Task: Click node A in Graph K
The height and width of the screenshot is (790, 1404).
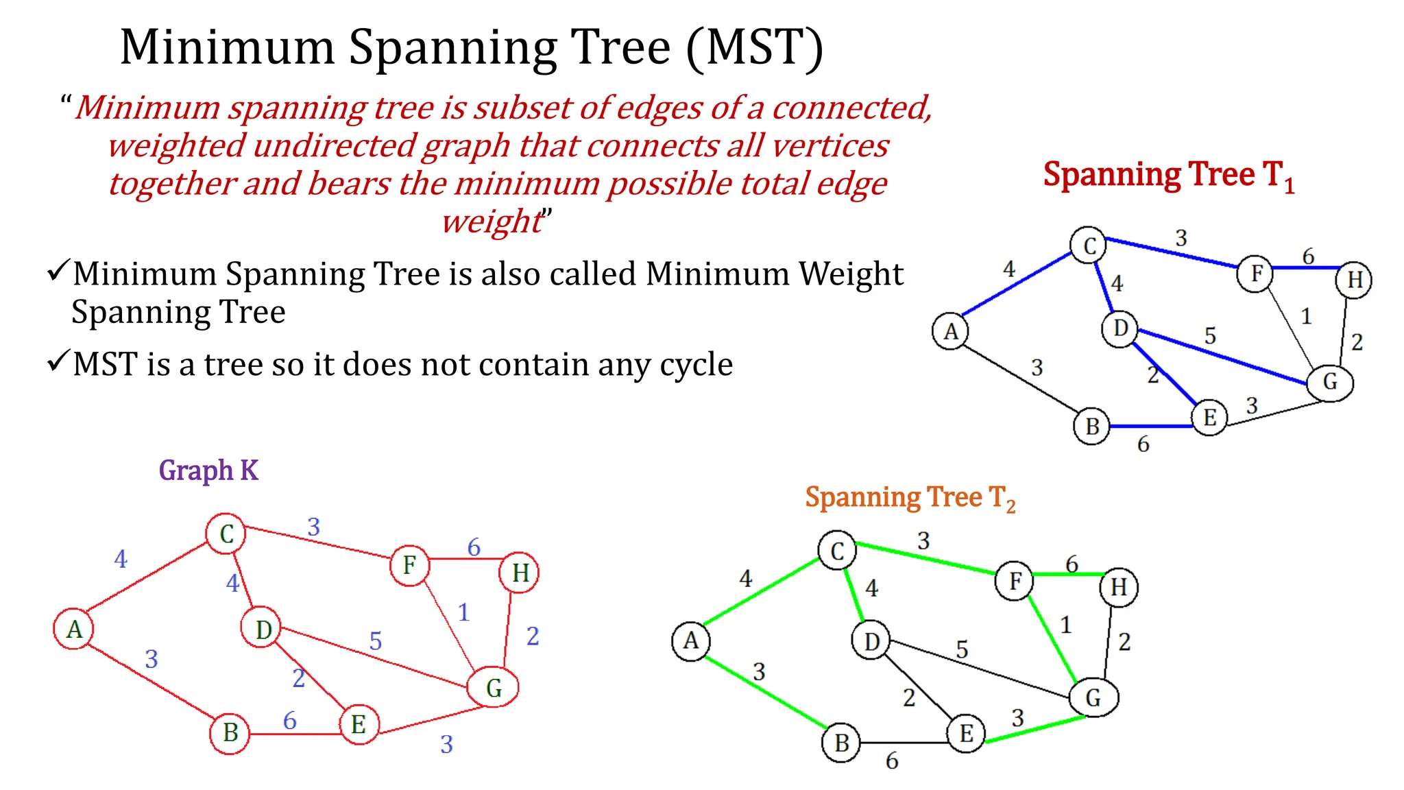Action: pyautogui.click(x=73, y=628)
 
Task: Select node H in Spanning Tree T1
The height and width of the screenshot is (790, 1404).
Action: pyautogui.click(x=1354, y=280)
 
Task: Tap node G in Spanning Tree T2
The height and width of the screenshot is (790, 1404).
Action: pyautogui.click(x=1093, y=697)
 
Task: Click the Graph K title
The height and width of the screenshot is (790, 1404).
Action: pyautogui.click(x=208, y=470)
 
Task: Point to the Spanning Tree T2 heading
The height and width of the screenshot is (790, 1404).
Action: pyautogui.click(x=910, y=498)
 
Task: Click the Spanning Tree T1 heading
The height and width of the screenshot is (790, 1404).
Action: pyautogui.click(x=1168, y=176)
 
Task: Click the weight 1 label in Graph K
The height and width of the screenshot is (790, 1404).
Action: pyautogui.click(x=463, y=612)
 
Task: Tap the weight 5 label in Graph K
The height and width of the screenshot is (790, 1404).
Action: pyautogui.click(x=375, y=641)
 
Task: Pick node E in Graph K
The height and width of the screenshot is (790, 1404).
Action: pyautogui.click(x=359, y=724)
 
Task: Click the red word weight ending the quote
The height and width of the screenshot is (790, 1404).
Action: pyautogui.click(x=491, y=222)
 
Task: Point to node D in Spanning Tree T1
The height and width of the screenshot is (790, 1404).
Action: pyautogui.click(x=1120, y=328)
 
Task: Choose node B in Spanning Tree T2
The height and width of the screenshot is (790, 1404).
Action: pyautogui.click(x=841, y=743)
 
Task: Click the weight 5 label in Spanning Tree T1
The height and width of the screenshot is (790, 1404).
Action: pyautogui.click(x=1210, y=336)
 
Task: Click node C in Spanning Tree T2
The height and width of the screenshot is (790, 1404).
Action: pyautogui.click(x=837, y=551)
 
